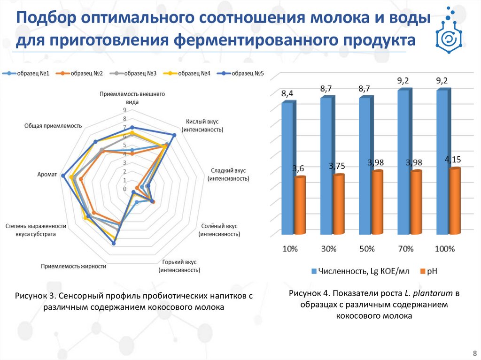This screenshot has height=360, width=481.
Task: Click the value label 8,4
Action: pos(287,93)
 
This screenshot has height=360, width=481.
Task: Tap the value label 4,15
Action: pos(453,160)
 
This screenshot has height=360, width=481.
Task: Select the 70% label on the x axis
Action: pos(406,249)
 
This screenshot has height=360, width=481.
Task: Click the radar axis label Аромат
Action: pos(47,174)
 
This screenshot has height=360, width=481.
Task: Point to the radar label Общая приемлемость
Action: pos(53,126)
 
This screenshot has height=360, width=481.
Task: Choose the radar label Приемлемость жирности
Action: pos(73,266)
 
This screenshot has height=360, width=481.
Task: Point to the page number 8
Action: pos(473,352)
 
